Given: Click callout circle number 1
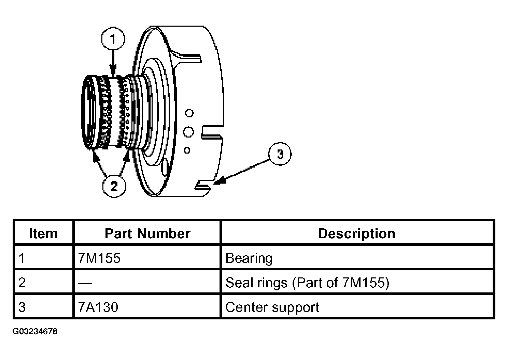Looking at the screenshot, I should pyautogui.click(x=113, y=39).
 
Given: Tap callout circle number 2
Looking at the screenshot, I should pyautogui.click(x=114, y=186).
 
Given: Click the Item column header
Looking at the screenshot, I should pyautogui.click(x=43, y=234).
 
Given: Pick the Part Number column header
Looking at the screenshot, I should pyautogui.click(x=147, y=234).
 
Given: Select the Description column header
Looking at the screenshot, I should pyautogui.click(x=356, y=234).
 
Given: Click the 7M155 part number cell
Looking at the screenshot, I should pyautogui.click(x=99, y=258).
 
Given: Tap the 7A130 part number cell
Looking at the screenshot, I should pyautogui.click(x=98, y=307).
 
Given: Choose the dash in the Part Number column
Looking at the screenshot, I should pyautogui.click(x=85, y=283).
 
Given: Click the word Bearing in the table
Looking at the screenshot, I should pyautogui.click(x=249, y=258).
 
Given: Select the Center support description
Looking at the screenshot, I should pyautogui.click(x=272, y=307).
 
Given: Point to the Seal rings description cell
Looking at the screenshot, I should pyautogui.click(x=307, y=283).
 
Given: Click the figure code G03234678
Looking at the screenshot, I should pyautogui.click(x=35, y=331).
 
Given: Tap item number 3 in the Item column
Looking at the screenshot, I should pyautogui.click(x=22, y=307).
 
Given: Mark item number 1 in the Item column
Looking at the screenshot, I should pyautogui.click(x=22, y=258).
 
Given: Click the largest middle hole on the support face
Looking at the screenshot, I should pyautogui.click(x=188, y=132).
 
